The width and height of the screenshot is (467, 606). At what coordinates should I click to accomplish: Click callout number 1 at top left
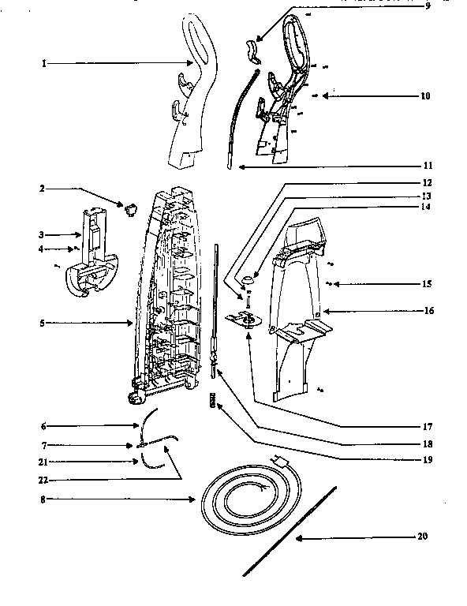[44, 62]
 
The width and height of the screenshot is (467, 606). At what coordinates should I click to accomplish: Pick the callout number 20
[422, 537]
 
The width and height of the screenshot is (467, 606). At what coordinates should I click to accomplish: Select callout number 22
[44, 479]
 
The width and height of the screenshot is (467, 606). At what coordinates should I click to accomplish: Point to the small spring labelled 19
[211, 401]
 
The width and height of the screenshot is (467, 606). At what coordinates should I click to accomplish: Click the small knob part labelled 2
[129, 209]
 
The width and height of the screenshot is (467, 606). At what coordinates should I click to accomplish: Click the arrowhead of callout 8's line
[195, 499]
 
